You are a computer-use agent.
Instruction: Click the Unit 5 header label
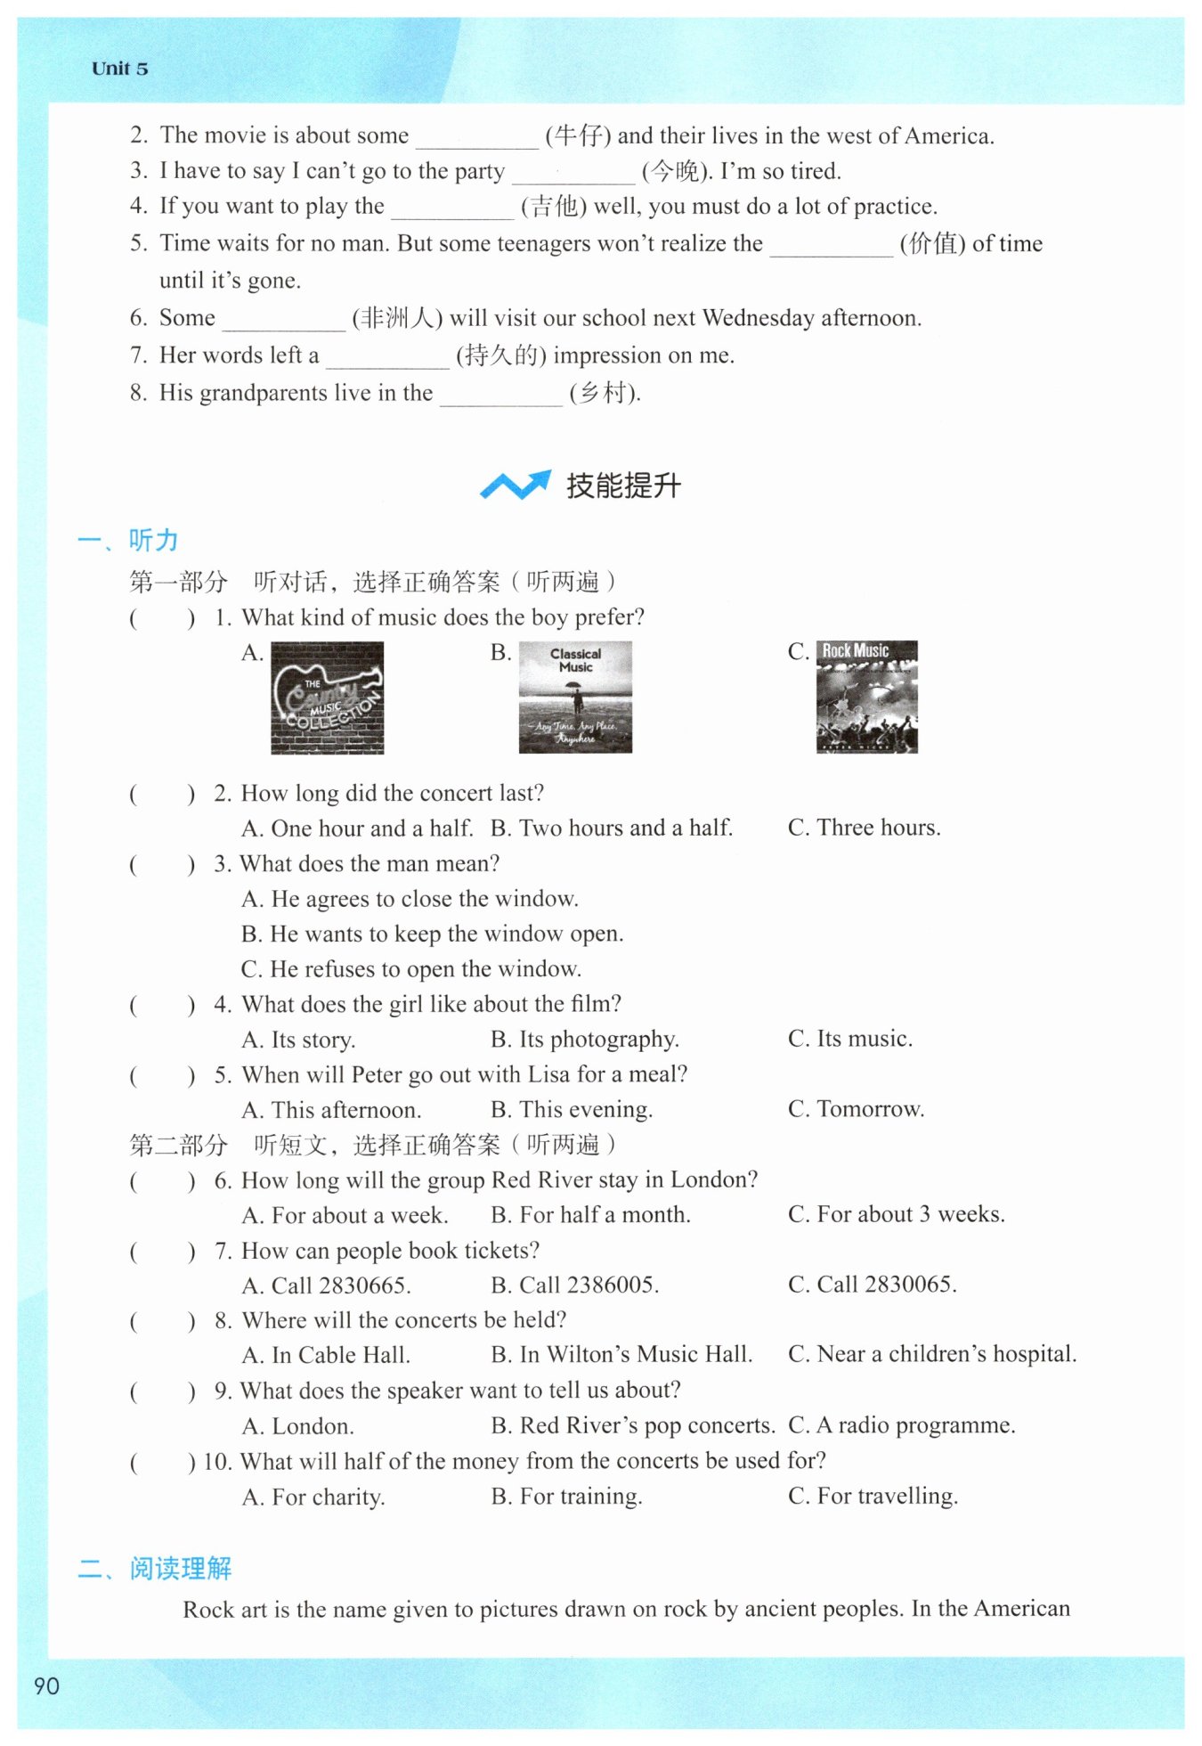coord(119,69)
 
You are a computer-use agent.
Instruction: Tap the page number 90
coord(46,1685)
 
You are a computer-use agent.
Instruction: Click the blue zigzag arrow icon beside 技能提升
coord(515,485)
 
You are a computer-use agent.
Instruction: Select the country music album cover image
coord(327,698)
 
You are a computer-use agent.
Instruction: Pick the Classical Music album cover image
coord(575,697)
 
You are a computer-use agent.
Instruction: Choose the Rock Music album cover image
coord(866,697)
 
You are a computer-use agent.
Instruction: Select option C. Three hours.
coord(864,828)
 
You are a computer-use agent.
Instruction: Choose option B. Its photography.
coord(584,1039)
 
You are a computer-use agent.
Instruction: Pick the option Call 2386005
coord(575,1285)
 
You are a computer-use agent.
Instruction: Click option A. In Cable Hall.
coord(326,1355)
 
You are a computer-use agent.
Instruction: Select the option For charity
coord(313,1497)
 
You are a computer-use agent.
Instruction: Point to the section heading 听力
coord(153,540)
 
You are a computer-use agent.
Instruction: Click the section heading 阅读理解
coord(180,1568)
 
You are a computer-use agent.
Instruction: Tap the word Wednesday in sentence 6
coord(758,318)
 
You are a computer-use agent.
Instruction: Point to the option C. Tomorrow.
coord(856,1109)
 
